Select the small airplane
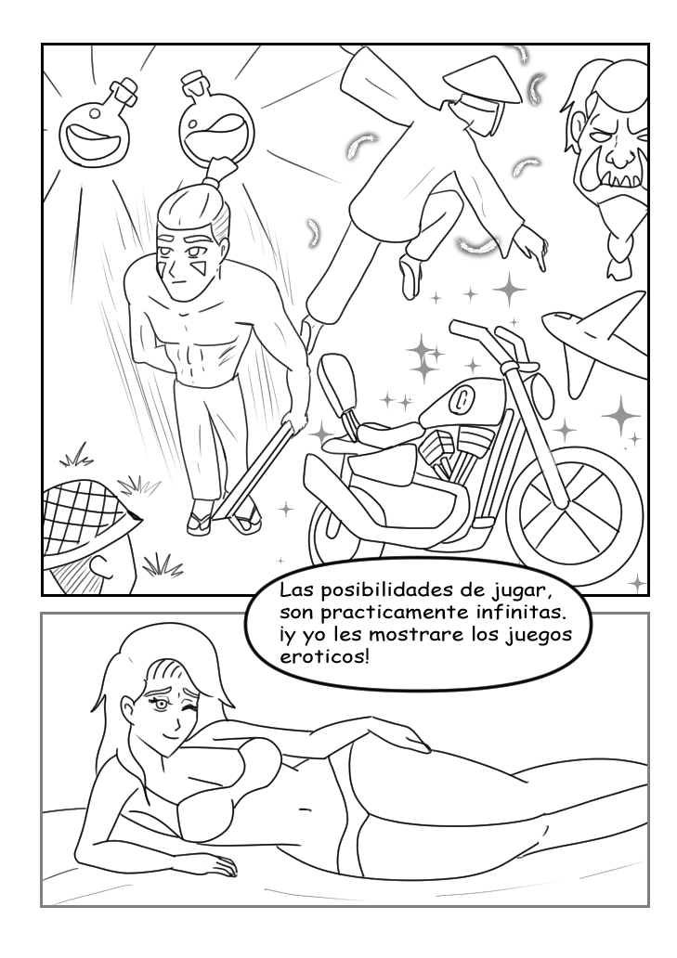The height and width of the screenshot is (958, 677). (595, 333)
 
